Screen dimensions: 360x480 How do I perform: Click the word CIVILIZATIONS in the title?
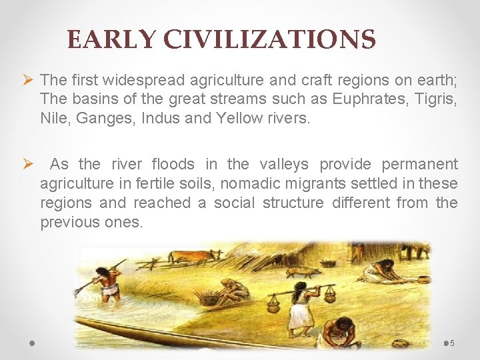tap(270, 40)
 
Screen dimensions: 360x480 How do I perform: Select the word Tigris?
tap(435, 99)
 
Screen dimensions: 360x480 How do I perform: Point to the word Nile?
tap(53, 119)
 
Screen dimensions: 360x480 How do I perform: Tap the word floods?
tap(174, 164)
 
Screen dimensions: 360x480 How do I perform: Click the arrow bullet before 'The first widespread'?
tap(28, 80)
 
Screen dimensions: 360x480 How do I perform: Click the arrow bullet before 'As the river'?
tap(28, 164)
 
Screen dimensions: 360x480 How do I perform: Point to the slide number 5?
tap(452, 343)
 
